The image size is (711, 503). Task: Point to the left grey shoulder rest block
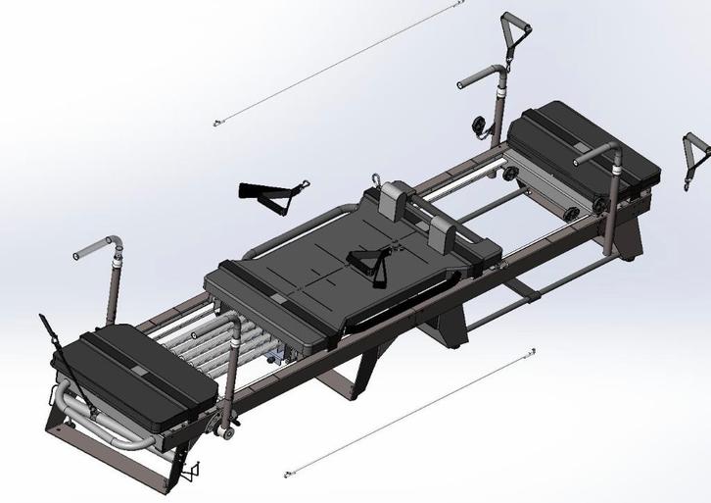pos(397,201)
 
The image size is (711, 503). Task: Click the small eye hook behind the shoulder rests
pos(376,179)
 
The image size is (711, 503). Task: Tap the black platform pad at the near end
pos(147,371)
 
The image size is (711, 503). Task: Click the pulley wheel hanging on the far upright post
pos(480,125)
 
